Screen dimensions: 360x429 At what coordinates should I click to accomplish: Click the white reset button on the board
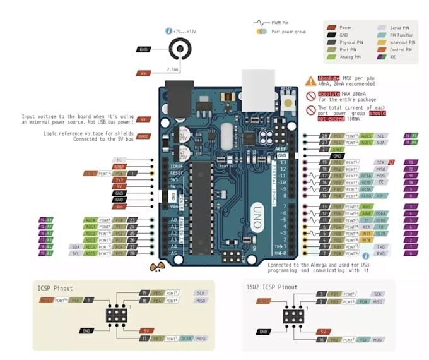(289, 102)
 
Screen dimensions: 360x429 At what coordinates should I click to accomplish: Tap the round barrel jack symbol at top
(181, 49)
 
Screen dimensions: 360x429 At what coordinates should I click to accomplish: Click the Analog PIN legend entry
(346, 56)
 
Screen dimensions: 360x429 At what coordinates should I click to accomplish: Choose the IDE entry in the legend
(393, 56)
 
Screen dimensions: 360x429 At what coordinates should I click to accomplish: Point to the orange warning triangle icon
(310, 81)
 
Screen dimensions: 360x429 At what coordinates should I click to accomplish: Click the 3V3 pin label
(119, 179)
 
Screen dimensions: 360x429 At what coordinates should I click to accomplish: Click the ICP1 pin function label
(382, 195)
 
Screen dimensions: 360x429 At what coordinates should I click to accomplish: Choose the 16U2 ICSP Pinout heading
(271, 287)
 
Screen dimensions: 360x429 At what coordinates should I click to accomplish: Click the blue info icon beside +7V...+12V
(168, 30)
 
